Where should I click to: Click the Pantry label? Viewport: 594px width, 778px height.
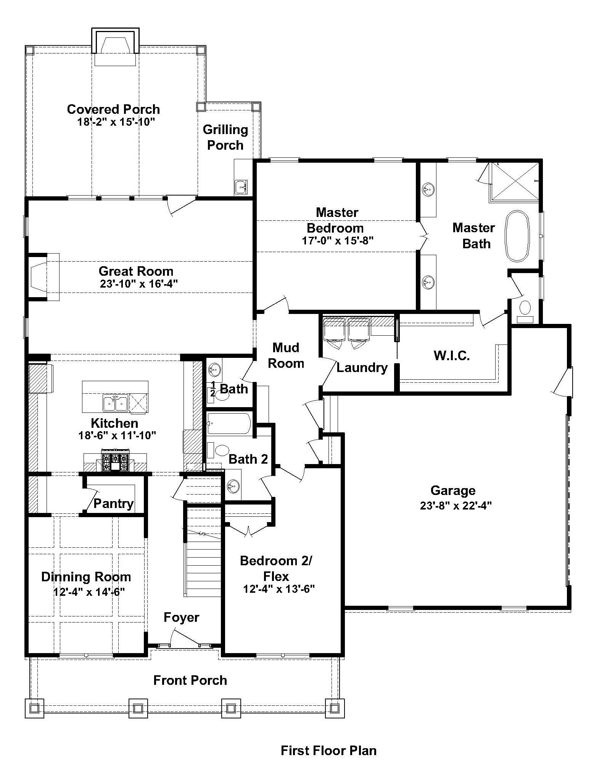click(113, 503)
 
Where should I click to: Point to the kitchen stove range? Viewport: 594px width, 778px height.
click(115, 460)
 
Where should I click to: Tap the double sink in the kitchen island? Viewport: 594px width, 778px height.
click(115, 404)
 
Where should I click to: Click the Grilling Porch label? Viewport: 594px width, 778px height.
click(225, 137)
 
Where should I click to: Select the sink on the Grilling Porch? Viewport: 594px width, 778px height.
click(241, 187)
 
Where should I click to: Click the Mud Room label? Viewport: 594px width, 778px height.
click(286, 355)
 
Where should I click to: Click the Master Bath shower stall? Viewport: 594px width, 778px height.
click(515, 182)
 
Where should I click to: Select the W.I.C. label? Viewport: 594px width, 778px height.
click(452, 356)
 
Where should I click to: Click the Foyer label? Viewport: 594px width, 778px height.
click(182, 617)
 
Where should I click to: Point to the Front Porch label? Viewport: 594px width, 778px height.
click(190, 680)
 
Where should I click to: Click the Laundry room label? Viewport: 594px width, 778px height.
click(362, 367)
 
